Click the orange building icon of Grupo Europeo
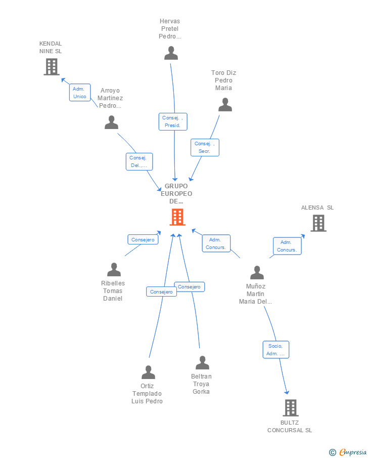177,217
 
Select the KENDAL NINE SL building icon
52,67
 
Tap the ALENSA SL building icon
318,223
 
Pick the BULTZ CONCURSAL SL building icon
291,408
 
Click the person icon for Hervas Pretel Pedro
171,53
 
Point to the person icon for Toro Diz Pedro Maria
225,105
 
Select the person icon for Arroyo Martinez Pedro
112,122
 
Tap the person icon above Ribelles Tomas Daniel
114,269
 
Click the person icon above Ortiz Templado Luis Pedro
148,372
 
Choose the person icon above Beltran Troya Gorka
202,362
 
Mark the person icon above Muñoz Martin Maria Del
257,272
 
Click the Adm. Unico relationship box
80,93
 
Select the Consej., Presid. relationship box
173,121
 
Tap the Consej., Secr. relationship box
205,147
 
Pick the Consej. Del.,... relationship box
139,161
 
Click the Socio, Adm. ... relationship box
276,350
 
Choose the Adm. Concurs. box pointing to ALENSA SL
287,246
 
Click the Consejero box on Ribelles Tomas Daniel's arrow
143,239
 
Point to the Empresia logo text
352,452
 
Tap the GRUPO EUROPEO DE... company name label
176,194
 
